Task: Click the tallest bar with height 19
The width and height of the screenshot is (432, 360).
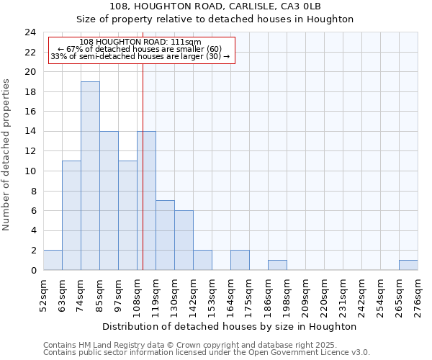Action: [90, 176]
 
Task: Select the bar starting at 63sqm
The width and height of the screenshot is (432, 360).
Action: [71, 215]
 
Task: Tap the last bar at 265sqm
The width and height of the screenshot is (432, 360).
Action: [408, 265]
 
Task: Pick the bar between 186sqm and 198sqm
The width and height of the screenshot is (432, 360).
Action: [277, 265]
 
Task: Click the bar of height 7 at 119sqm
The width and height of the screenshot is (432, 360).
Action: [165, 235]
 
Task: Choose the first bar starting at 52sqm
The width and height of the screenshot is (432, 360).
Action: [53, 260]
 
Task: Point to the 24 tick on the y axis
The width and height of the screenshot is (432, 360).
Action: [30, 32]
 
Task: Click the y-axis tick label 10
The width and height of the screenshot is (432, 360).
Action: [30, 171]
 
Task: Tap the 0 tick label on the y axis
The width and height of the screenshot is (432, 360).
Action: [32, 271]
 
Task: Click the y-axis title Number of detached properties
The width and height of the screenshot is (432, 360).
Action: [6, 156]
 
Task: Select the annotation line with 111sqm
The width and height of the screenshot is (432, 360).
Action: [140, 42]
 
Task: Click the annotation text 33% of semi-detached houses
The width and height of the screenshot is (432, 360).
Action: [140, 56]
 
